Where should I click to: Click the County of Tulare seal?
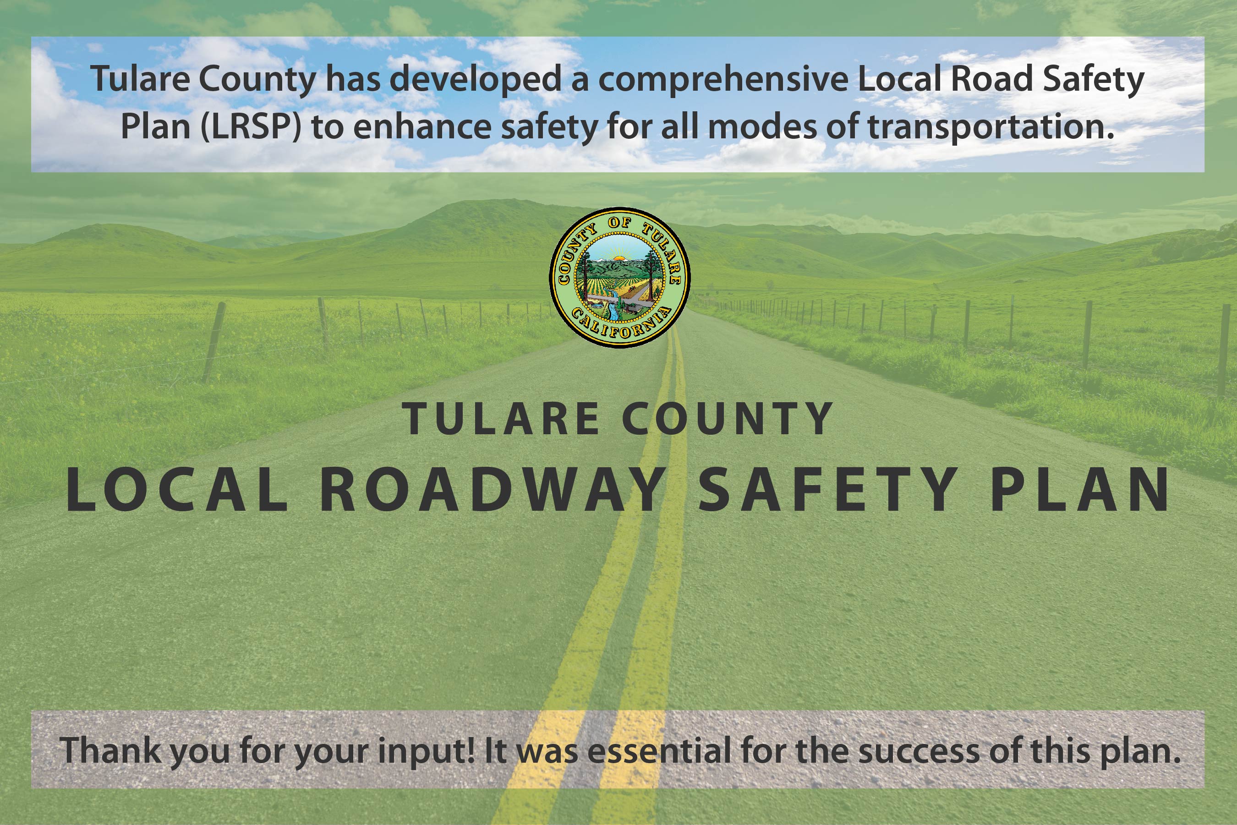(x=620, y=277)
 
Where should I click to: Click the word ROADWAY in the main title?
(x=493, y=490)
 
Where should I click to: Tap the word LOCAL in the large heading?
(x=177, y=490)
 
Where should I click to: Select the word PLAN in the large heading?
(x=1080, y=490)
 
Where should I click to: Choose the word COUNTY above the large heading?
(x=727, y=419)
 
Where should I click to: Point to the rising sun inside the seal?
(x=619, y=258)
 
